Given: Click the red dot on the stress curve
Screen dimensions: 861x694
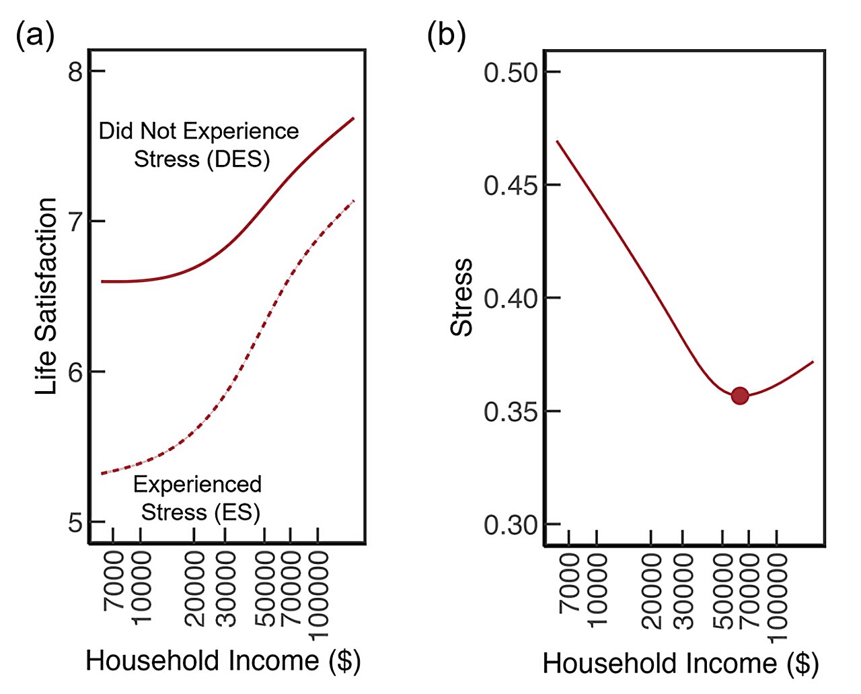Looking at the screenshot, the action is point(739,396).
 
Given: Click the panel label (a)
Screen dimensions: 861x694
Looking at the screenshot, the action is point(34,34).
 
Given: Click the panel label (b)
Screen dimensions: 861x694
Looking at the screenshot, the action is point(446,34).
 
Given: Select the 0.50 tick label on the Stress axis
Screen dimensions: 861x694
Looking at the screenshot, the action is point(511,73).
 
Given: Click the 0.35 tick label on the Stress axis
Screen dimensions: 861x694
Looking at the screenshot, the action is point(511,411).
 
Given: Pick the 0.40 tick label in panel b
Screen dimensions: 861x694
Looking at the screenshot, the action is point(511,298).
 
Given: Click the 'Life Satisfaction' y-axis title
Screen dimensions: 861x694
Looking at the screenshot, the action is point(46,296).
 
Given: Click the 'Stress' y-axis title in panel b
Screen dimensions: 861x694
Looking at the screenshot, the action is point(462,297).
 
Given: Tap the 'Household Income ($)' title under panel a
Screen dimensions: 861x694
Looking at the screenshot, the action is point(223,660).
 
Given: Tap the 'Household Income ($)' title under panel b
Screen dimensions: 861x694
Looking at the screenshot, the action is point(680,664).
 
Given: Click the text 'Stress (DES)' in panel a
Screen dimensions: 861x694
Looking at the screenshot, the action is point(202,160).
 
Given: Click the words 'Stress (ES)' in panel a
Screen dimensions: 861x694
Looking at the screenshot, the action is point(200,512).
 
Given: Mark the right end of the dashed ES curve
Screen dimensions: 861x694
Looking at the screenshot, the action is point(353,201).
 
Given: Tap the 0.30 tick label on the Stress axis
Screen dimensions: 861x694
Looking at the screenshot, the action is point(511,524).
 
